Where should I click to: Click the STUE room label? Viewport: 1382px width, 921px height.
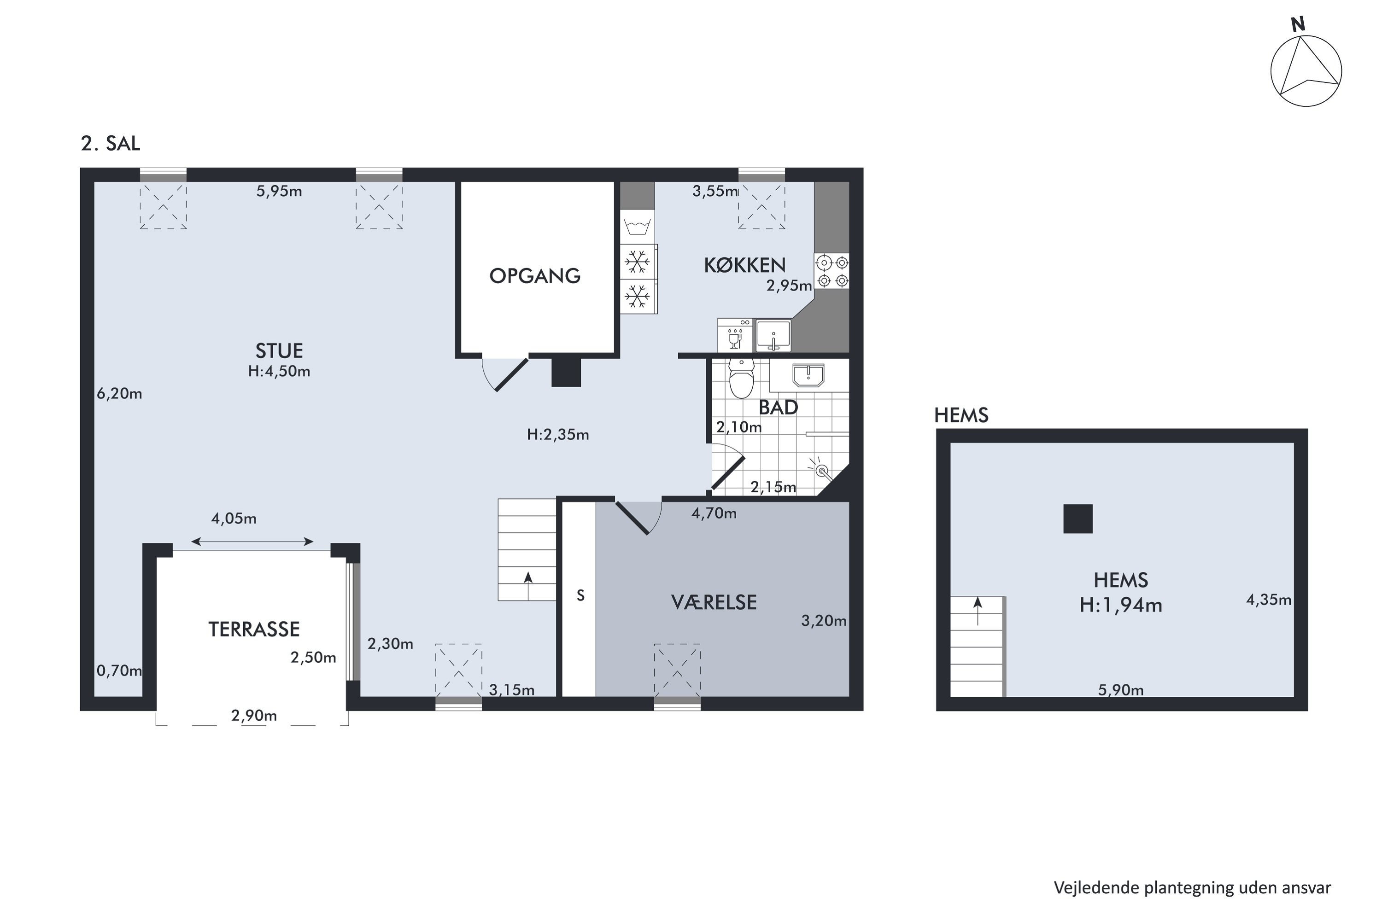tap(279, 350)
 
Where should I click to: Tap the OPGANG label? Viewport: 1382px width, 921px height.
tap(535, 275)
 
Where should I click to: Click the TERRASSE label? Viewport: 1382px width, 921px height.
tap(254, 630)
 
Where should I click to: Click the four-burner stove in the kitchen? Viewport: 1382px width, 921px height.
tap(832, 271)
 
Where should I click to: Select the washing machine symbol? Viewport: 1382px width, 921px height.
tap(638, 226)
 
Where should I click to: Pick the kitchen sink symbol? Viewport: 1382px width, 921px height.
tap(773, 335)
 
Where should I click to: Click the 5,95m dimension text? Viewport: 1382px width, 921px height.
tap(279, 192)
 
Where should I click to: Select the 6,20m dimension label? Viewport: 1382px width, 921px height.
tap(119, 394)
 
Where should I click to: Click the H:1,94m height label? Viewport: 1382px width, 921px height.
tap(1120, 605)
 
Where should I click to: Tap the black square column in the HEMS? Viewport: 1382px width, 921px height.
tap(1077, 519)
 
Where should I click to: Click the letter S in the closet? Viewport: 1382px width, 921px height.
tap(580, 595)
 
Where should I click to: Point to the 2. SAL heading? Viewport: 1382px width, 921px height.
tap(111, 144)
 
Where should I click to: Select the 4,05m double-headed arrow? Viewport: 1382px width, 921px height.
tap(252, 542)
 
